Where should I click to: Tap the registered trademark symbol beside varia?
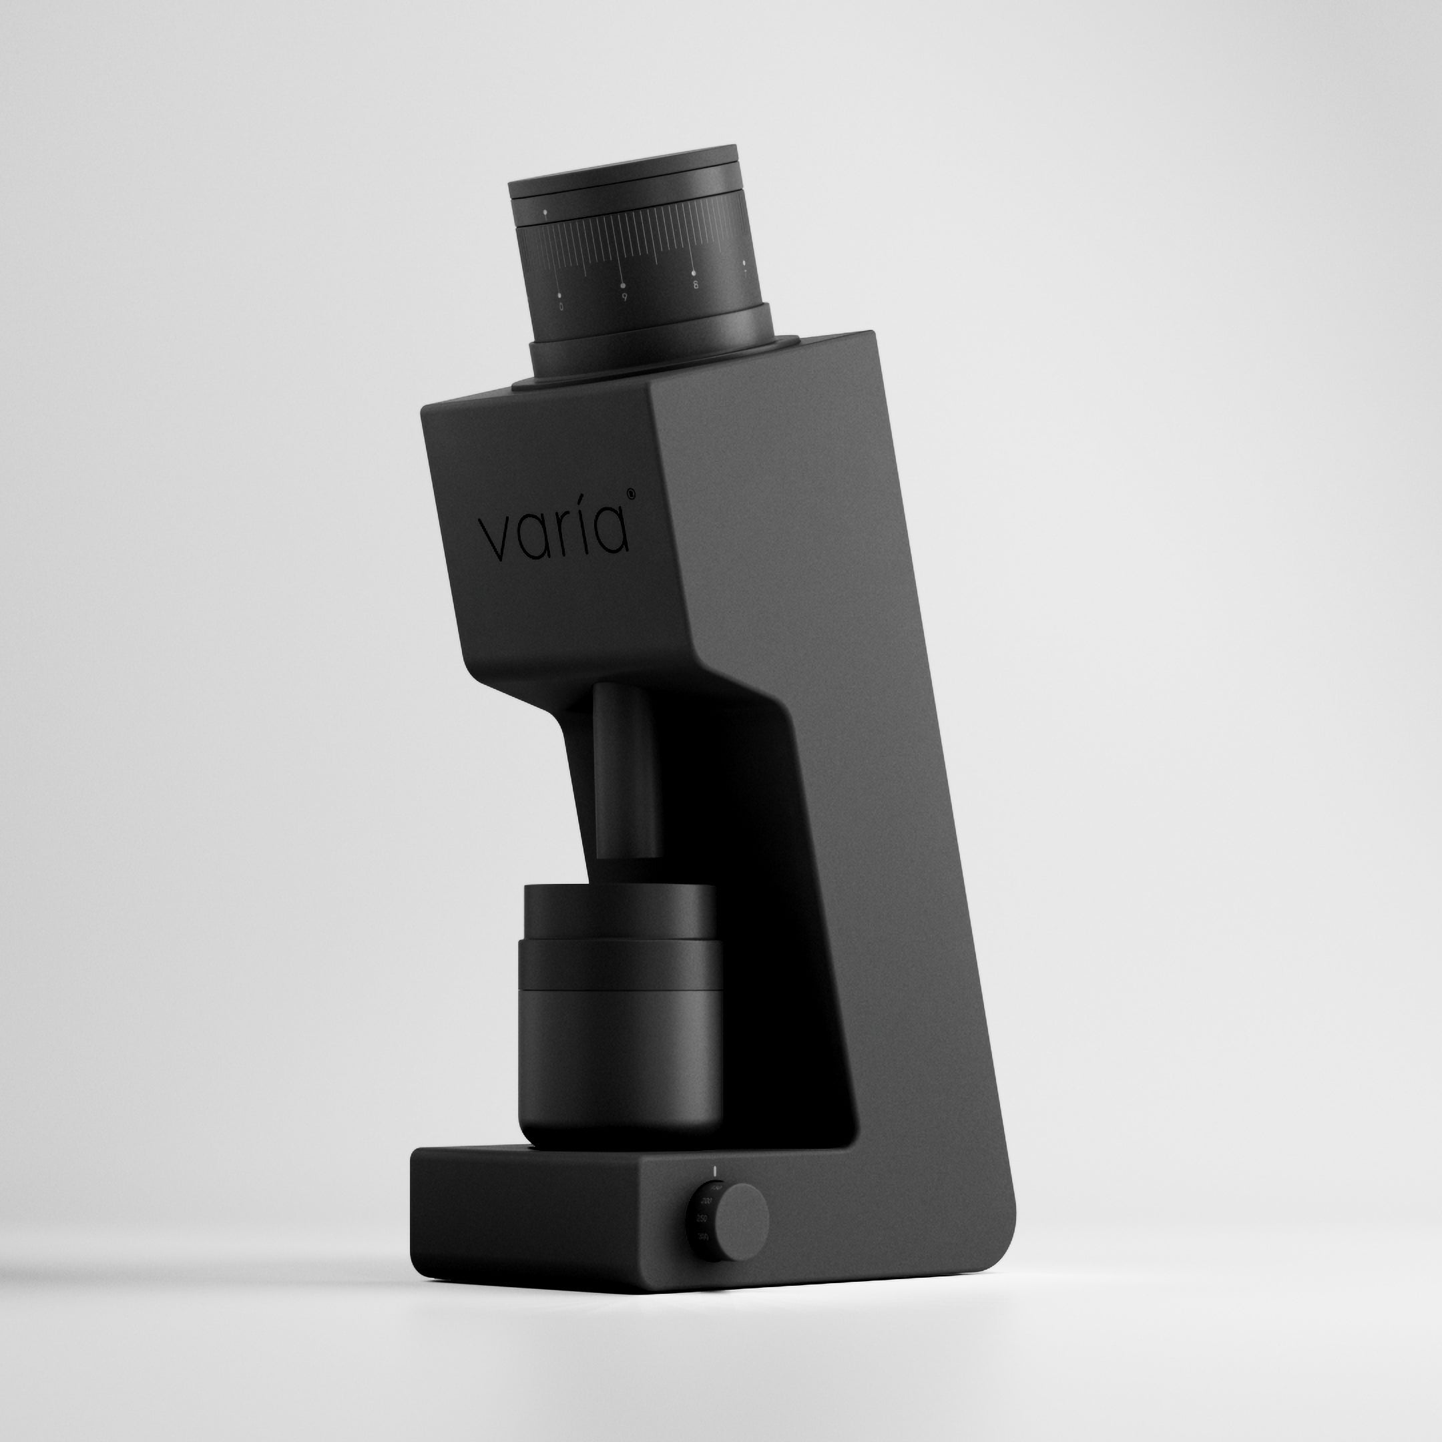click(631, 493)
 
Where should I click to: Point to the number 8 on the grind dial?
click(695, 285)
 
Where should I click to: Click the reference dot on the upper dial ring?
click(545, 213)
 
